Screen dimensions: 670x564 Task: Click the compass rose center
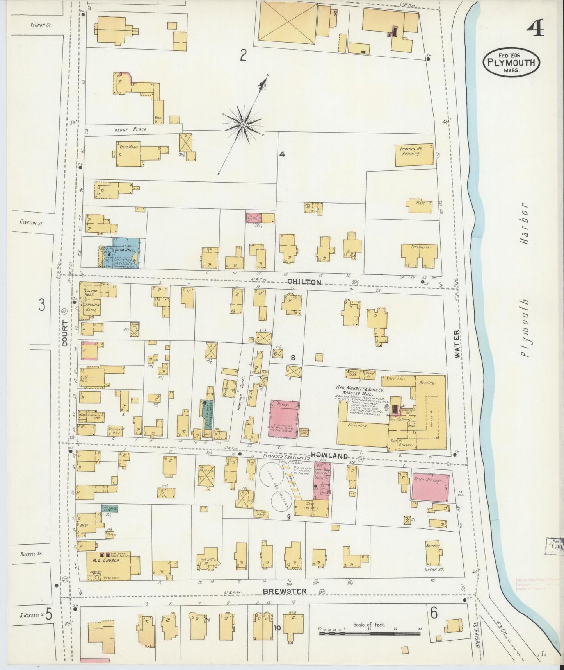[x=243, y=125]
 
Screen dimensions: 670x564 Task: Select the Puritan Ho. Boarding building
[x=414, y=154]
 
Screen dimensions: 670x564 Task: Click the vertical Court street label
[x=65, y=333]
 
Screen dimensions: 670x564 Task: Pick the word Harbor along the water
[x=524, y=223]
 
